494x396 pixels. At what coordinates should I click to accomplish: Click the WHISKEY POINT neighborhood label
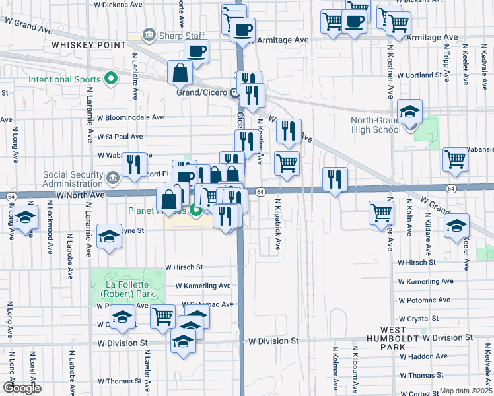point(88,45)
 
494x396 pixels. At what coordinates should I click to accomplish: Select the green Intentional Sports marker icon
point(111,80)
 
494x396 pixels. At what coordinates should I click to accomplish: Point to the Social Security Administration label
point(73,179)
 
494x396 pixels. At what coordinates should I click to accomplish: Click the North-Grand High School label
point(376,125)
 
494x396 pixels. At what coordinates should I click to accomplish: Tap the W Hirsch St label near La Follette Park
point(184,267)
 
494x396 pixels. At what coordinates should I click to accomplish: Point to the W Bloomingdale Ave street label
point(130,117)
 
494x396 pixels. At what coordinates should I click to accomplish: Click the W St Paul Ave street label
point(120,137)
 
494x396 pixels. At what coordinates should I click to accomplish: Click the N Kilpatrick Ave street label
point(278,224)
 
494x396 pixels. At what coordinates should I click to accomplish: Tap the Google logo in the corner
point(22,388)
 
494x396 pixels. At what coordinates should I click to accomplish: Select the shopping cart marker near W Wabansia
point(456,159)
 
